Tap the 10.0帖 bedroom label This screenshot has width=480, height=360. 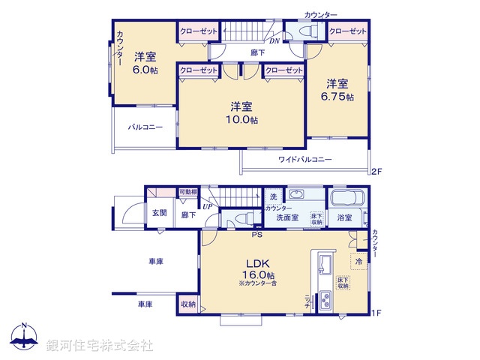244,113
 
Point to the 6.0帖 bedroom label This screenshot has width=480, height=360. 145,64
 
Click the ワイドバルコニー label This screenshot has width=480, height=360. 305,160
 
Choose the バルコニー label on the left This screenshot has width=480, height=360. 145,127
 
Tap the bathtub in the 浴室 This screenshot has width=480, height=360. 346,201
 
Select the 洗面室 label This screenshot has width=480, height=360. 286,218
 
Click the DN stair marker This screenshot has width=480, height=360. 275,42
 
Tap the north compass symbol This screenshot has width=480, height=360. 24,337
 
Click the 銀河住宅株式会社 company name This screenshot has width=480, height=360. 100,346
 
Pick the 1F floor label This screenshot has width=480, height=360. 377,312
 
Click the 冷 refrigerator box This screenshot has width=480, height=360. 358,261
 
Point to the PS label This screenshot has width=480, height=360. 256,235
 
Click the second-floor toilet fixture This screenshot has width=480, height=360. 307,32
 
